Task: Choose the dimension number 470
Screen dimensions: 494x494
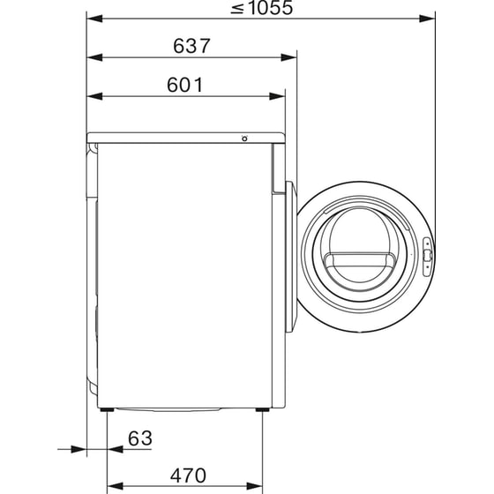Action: point(184,474)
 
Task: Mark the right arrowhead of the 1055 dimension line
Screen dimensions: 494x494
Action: point(430,17)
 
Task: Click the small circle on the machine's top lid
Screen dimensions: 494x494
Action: point(246,138)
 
